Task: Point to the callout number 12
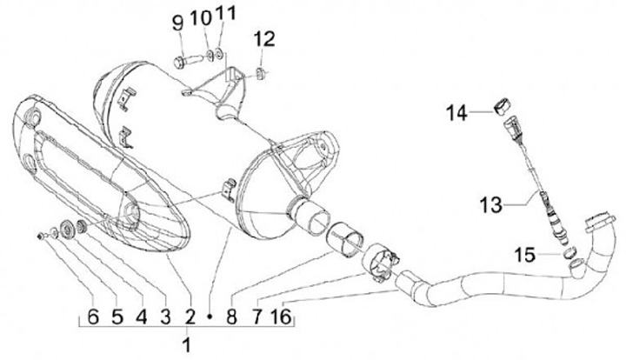tap(264, 38)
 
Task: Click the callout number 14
tap(458, 112)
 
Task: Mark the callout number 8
tap(232, 314)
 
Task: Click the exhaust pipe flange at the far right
tap(600, 221)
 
